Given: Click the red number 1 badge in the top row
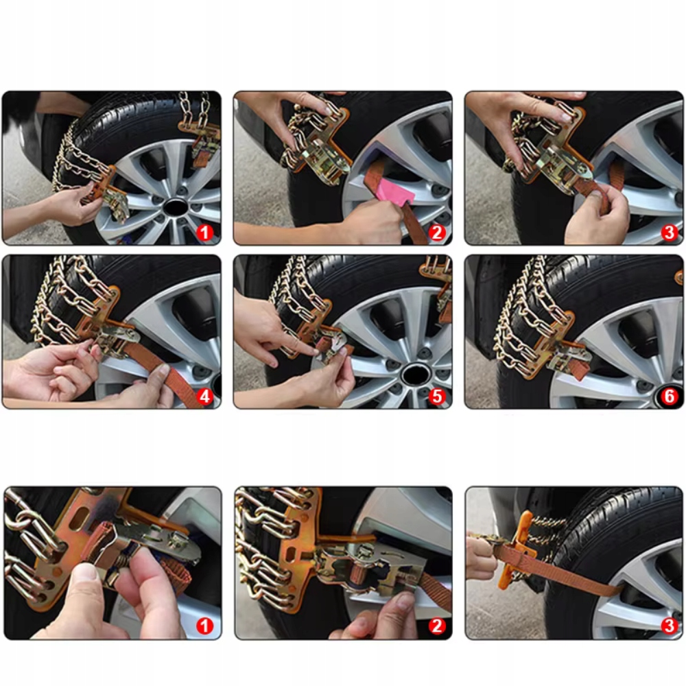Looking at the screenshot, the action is click(204, 233).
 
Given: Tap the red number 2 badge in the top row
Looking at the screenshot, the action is click(436, 233).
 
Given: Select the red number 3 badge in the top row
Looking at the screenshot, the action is click(669, 233).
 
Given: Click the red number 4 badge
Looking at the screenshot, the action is click(204, 397).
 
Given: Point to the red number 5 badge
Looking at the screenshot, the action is click(436, 397).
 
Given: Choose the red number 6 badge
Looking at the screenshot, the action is click(669, 397).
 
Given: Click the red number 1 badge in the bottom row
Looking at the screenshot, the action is click(204, 626).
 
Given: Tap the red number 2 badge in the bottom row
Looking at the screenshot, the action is click(436, 626).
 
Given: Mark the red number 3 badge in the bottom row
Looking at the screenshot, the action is click(669, 626).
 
